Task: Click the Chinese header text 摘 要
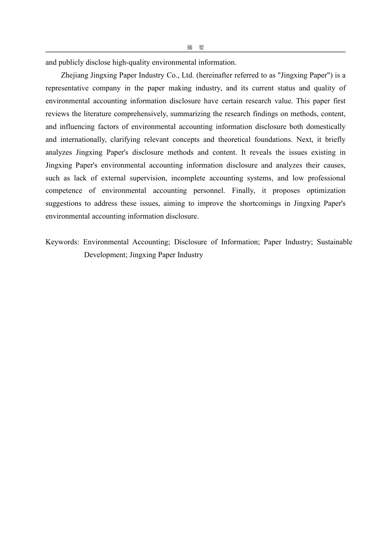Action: (195, 47)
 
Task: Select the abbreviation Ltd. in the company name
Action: (188, 75)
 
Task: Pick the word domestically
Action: (326, 127)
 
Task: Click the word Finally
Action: (243, 190)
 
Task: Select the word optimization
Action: (326, 190)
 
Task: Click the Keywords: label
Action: (62, 242)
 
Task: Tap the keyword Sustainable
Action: (335, 242)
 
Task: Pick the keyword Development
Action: (105, 255)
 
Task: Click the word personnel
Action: (209, 190)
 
